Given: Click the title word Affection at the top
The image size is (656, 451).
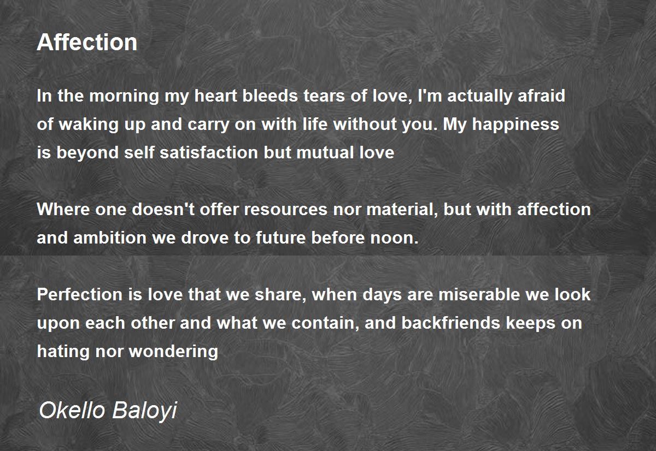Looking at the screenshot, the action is coord(87,43).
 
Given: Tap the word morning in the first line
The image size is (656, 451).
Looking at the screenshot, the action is coord(124,97).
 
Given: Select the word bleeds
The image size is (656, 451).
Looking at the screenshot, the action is coord(270,96).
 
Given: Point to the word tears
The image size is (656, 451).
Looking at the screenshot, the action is coord(324,96).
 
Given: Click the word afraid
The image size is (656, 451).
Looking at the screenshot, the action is coord(541,96).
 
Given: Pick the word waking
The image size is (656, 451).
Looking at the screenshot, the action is coord(89,124).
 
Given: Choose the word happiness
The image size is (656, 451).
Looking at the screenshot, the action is coord(516,124).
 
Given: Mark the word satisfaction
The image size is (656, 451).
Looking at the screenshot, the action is coord(208,153).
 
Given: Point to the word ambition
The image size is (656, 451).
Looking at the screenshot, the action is coord(110,238).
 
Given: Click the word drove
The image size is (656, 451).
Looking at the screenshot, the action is coord(204,238).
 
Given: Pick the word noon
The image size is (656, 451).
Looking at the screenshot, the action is coord(395,239).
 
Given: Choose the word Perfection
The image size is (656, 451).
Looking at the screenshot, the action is coord(80,294).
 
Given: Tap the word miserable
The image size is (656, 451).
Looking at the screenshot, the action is coord(479,294).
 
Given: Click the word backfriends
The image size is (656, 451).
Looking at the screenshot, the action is coord(450,323).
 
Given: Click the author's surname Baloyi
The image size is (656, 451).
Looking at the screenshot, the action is coord(145,411).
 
